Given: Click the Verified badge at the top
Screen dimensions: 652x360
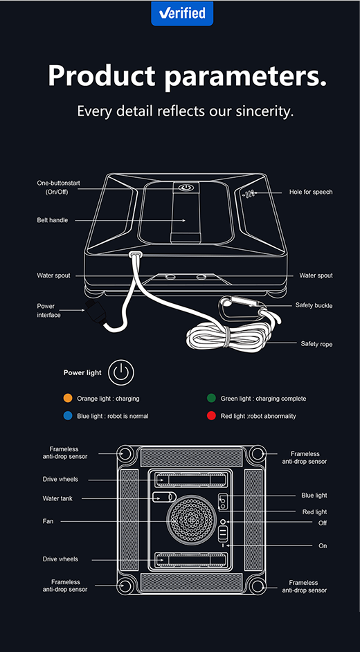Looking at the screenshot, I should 182,12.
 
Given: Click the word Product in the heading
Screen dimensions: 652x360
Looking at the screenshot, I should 101,75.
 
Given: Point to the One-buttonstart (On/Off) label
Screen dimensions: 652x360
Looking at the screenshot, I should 58,188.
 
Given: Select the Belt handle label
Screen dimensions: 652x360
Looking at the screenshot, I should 52,220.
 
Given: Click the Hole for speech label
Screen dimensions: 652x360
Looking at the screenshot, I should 311,192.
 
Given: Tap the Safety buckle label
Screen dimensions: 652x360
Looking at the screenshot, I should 314,305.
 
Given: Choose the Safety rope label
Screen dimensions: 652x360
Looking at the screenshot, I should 316,343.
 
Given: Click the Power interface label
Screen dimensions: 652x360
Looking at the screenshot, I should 48,311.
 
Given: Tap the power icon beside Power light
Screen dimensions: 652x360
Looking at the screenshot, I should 122,372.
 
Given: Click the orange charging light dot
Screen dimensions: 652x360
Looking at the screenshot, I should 68,399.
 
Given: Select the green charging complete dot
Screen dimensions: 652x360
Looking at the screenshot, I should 211,399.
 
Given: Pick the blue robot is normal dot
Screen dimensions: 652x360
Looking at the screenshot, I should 68,416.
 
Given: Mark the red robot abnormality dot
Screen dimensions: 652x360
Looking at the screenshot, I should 211,416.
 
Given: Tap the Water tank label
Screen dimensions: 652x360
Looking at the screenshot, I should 57,498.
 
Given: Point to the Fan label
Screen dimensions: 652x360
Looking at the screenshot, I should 48,521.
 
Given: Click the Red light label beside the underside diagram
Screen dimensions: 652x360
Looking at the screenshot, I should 314,512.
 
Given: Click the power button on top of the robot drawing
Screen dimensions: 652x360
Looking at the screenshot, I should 185,187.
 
